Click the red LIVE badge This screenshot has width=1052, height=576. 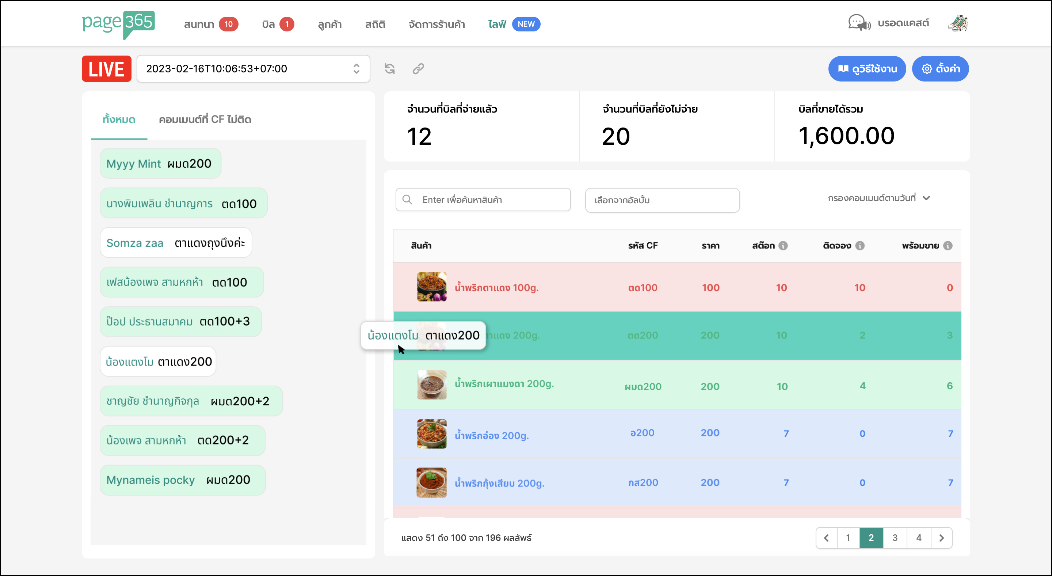click(x=106, y=69)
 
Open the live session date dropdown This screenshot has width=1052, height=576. click(x=253, y=69)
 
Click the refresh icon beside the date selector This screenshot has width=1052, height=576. click(x=390, y=69)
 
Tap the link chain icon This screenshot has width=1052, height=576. click(x=418, y=69)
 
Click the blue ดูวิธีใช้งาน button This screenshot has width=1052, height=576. click(x=866, y=69)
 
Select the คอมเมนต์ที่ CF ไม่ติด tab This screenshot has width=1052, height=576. click(x=205, y=119)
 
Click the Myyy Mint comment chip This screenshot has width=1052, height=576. click(x=160, y=163)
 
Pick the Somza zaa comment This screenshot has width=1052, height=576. click(x=176, y=243)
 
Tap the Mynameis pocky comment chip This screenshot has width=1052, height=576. click(x=182, y=480)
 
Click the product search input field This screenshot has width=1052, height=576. click(x=490, y=200)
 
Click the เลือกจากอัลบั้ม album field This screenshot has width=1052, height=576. click(x=662, y=200)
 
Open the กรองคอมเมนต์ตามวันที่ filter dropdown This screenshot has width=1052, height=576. click(x=878, y=198)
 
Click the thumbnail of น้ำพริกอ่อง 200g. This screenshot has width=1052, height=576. click(x=431, y=434)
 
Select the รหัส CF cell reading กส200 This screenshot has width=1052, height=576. click(x=643, y=482)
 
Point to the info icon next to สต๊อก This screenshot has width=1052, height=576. click(x=783, y=246)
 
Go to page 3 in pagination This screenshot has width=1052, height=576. click(x=894, y=538)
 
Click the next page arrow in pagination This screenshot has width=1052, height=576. click(x=941, y=538)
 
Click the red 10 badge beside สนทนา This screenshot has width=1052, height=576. click(x=228, y=24)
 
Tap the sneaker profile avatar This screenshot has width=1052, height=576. click(x=957, y=23)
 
